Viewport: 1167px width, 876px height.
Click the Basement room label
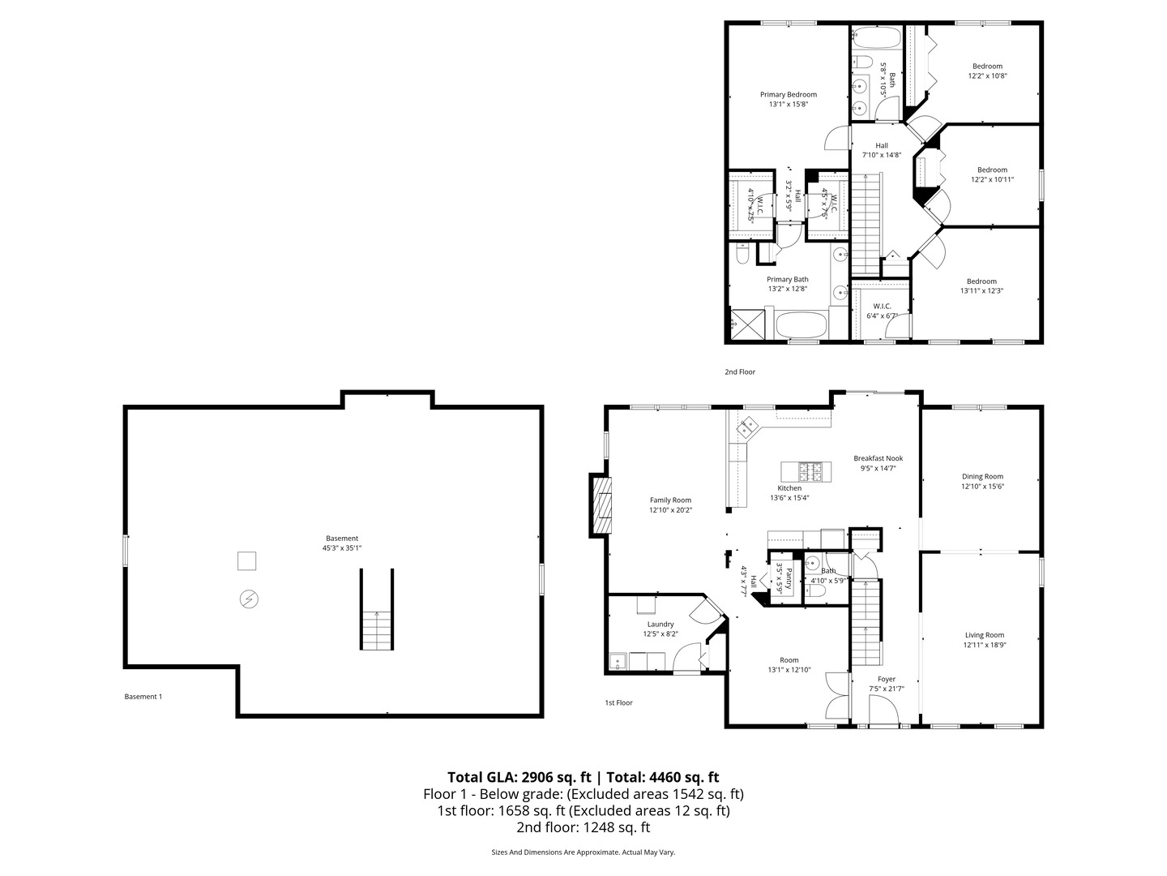pyautogui.click(x=341, y=539)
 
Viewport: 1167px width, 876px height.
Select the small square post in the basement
pyautogui.click(x=246, y=560)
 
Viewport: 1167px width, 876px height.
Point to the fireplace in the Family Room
pyautogui.click(x=601, y=505)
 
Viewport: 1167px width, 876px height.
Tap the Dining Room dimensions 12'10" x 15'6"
pyautogui.click(x=982, y=487)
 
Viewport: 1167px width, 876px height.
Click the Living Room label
pyautogui.click(x=984, y=635)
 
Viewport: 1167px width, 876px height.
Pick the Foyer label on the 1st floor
pyautogui.click(x=887, y=679)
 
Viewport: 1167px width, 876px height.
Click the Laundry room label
pyautogui.click(x=660, y=624)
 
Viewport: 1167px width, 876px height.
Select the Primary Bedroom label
pyautogui.click(x=788, y=94)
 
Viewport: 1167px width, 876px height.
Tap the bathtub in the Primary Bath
pyautogui.click(x=802, y=326)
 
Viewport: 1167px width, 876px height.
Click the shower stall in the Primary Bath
pyautogui.click(x=747, y=325)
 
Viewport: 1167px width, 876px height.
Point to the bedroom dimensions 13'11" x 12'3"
pyautogui.click(x=981, y=291)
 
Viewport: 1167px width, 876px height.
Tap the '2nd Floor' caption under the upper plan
pyautogui.click(x=739, y=371)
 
